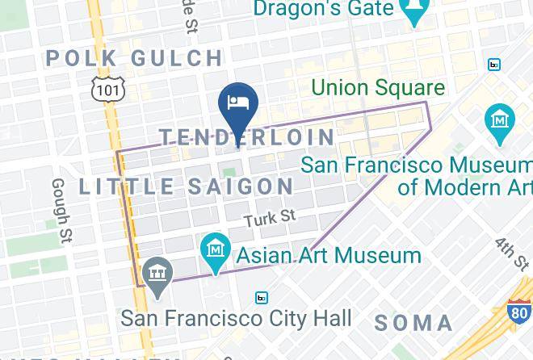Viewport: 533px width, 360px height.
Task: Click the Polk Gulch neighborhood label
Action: (x=135, y=58)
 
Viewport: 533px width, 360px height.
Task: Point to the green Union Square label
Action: (x=378, y=87)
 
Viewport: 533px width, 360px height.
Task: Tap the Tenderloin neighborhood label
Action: (x=246, y=137)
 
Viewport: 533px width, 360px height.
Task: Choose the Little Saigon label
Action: (x=187, y=186)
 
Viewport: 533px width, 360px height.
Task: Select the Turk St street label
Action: (x=271, y=217)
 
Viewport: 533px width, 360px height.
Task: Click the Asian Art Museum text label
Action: (x=328, y=256)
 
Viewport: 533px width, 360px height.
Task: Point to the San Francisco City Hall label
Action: (x=237, y=317)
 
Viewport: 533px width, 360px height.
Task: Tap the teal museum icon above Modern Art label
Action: (x=502, y=121)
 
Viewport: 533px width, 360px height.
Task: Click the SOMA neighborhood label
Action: (x=413, y=323)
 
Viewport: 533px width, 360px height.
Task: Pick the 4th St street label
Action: (x=511, y=253)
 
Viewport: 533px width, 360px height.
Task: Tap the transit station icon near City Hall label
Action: (x=262, y=298)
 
